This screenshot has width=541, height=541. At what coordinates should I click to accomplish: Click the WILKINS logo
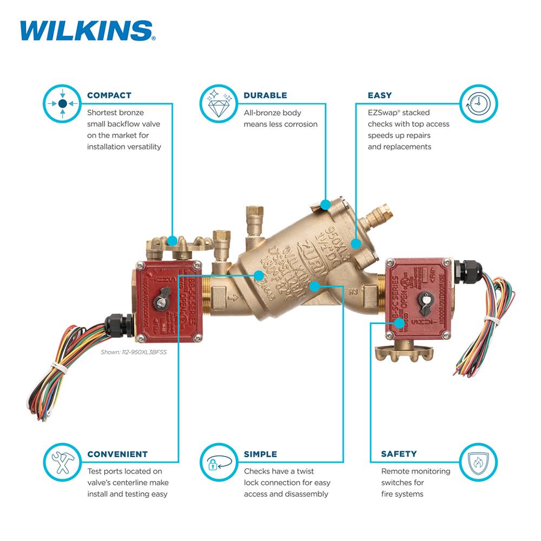(x=87, y=31)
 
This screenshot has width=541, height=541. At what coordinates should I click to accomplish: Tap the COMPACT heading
(x=109, y=95)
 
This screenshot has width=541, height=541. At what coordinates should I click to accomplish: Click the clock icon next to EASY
(x=478, y=102)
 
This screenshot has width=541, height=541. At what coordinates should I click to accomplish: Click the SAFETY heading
(x=399, y=454)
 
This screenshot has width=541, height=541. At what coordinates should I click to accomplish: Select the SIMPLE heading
(x=260, y=454)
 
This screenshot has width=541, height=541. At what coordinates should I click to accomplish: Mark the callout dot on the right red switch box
(x=399, y=323)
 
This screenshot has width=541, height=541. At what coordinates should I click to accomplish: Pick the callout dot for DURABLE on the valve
(x=325, y=204)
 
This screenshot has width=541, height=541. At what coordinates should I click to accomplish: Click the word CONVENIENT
(x=117, y=454)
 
